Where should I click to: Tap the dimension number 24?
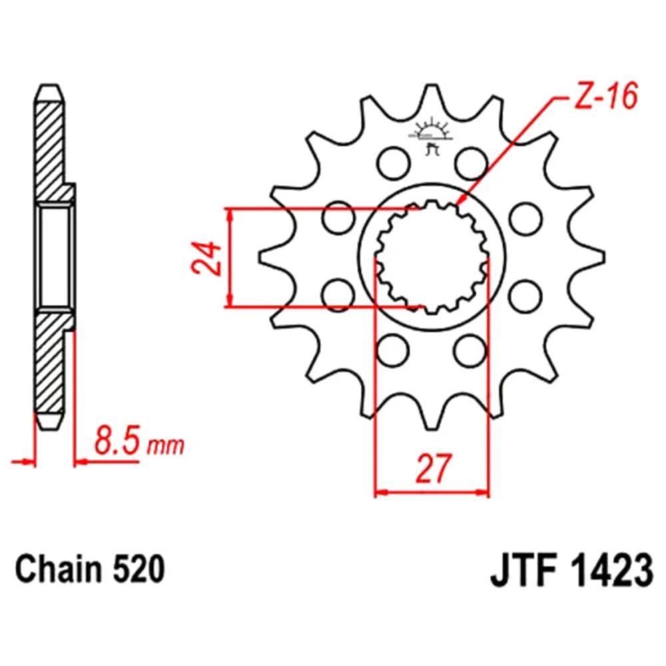coord(207,258)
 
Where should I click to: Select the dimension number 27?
coord(432,469)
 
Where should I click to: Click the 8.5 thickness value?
coord(117,442)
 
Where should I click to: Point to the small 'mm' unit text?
coord(166,446)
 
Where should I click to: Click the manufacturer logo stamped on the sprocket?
coord(431,136)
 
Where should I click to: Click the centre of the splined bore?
coord(432,256)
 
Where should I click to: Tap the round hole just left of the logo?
coord(394,163)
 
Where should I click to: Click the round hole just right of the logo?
coord(471,163)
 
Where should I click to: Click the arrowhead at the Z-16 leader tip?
coord(461,200)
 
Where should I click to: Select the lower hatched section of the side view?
coord(50,361)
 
